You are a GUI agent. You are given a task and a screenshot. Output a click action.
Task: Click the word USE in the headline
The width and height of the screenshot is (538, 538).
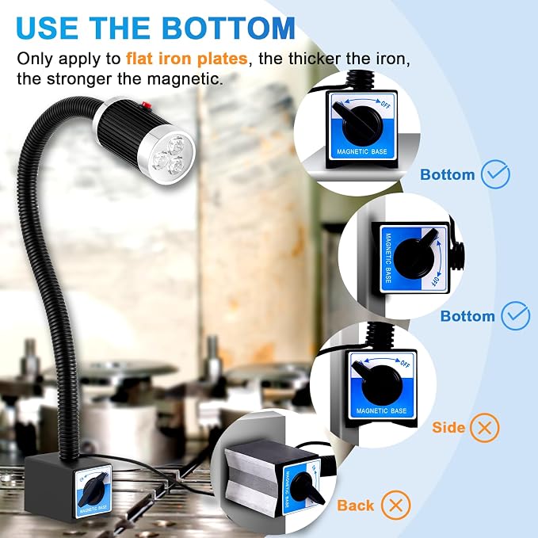[x=47, y=28]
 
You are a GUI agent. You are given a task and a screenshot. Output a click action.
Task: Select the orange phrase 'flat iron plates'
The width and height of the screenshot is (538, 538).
[x=187, y=59]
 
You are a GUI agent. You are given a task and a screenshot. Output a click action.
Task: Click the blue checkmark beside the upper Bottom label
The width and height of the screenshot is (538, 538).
[x=495, y=174]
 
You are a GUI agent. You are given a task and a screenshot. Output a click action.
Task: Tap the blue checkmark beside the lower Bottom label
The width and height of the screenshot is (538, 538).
[x=515, y=315]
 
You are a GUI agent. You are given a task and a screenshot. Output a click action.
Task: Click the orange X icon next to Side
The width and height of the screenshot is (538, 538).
[x=484, y=428]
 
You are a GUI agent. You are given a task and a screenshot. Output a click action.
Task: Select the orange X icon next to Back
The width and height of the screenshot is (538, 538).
[x=396, y=505]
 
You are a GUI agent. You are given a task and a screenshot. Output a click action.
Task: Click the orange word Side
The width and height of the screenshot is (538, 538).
[x=448, y=428]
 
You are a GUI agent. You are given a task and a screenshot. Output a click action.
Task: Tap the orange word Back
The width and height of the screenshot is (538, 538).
[x=355, y=506]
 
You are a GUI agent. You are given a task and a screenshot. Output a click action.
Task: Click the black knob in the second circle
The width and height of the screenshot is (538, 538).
[x=414, y=256]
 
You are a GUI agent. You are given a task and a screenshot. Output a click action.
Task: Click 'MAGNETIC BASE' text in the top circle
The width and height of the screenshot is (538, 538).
[x=361, y=151]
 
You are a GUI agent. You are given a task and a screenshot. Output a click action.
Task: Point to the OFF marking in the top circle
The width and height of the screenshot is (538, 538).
[x=385, y=104]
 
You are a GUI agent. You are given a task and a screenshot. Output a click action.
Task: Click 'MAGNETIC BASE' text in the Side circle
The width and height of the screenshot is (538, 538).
[x=381, y=410]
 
